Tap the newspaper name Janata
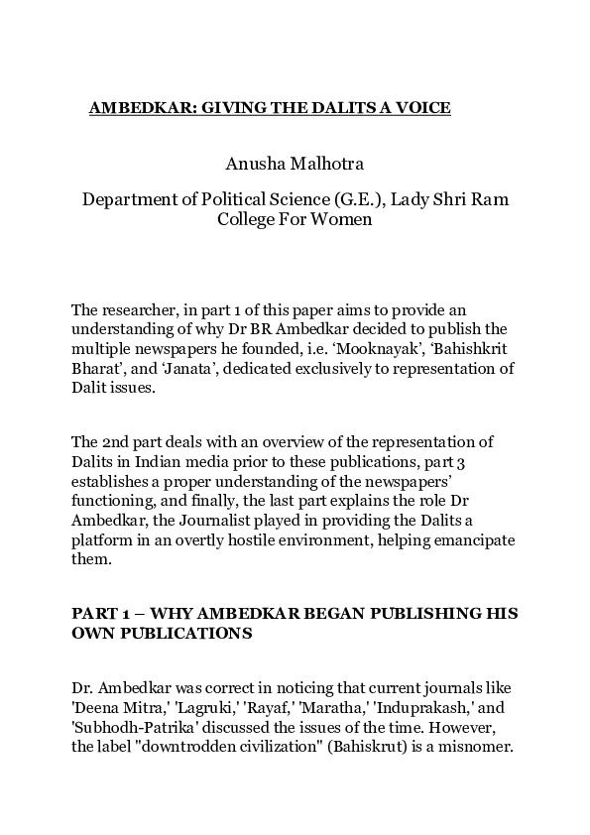click(x=136, y=370)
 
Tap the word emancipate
click(x=466, y=543)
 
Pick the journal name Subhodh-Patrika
click(x=124, y=727)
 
